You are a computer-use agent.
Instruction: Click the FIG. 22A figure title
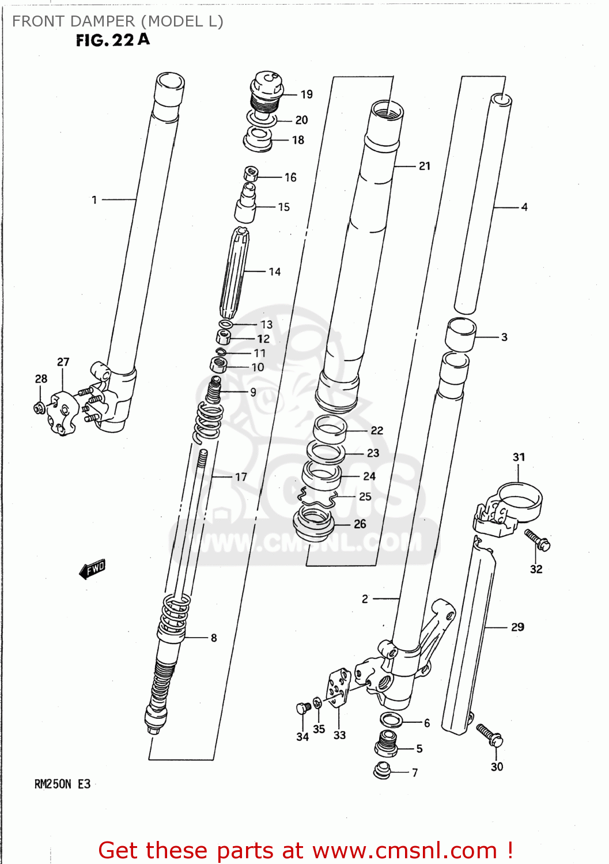(112, 40)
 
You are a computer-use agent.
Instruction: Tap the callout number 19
(307, 94)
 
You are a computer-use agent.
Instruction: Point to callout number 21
(425, 166)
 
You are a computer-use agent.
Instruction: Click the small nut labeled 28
(39, 408)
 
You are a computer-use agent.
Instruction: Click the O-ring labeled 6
(391, 719)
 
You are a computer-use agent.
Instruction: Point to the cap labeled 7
(381, 770)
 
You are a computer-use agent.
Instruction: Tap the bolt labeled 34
(303, 708)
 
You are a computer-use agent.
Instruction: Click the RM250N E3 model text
(62, 784)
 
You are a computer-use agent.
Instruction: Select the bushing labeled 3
(460, 335)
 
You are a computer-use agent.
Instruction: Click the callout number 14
(275, 271)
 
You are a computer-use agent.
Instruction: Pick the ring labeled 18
(258, 140)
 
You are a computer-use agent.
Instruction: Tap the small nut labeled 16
(251, 173)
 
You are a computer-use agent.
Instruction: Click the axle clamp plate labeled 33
(339, 687)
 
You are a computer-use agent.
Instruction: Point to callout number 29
(517, 627)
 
